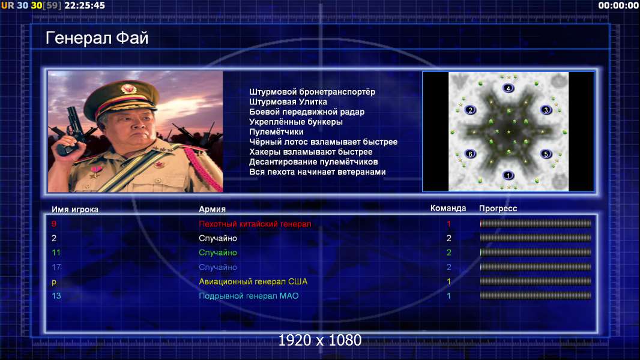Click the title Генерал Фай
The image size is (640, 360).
pos(97,38)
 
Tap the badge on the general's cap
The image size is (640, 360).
pos(128,88)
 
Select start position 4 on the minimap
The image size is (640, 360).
pos(508,88)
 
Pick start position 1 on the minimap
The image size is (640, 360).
pos(508,175)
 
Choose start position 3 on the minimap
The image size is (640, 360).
pos(546,110)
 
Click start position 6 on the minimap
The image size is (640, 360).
pos(470,154)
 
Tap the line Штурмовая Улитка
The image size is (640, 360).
pos(288,102)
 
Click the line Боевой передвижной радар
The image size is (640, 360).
pos(307,112)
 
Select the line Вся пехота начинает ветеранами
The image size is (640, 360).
pos(318,172)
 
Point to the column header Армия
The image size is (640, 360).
pos(213,209)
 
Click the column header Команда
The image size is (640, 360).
pos(448,208)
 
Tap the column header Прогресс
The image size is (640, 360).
pos(498,209)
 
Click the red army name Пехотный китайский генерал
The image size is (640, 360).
pos(255,224)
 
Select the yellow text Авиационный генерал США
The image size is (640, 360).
pos(253,282)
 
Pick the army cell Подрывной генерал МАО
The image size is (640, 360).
pos(249,296)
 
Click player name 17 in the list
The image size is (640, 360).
pos(56,267)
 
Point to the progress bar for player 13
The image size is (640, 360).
pos(536,296)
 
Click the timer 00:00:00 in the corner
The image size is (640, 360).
pos(618,6)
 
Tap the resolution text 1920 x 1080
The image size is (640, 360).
pos(320,340)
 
